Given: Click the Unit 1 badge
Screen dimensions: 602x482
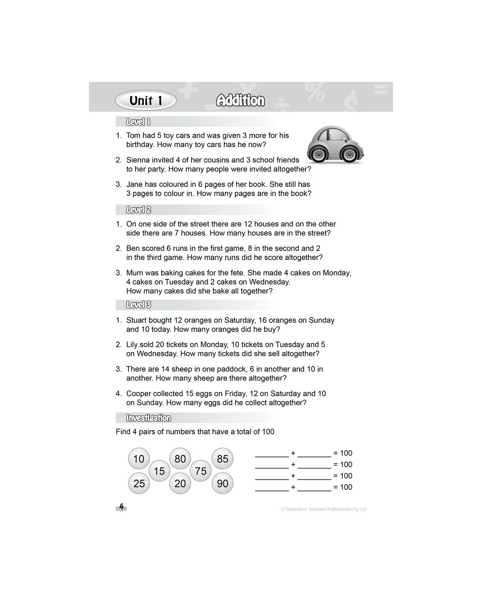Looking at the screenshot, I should point(146,101).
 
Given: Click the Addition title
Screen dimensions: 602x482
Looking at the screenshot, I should point(241,101).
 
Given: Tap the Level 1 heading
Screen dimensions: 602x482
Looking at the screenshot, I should point(138,122).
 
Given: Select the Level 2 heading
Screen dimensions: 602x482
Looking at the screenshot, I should point(138,210).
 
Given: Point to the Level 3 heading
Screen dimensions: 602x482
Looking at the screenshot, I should point(138,305).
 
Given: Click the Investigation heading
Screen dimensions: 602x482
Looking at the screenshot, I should point(149,418).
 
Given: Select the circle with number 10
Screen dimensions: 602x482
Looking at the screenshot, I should point(139,459).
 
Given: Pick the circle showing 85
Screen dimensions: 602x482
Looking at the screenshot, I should point(223,459).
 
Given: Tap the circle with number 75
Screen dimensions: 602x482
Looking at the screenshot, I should point(201,471).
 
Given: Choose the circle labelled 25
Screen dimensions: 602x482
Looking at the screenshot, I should point(139,483).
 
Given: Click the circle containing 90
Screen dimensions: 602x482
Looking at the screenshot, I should point(223,483).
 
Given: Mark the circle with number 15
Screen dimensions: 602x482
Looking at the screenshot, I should point(159,471).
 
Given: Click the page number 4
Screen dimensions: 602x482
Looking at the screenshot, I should point(121,507).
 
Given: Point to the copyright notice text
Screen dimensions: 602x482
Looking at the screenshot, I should point(323,509).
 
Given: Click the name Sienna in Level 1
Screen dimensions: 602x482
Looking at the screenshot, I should point(138,160).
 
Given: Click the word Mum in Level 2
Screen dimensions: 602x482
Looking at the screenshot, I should point(134,273).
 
